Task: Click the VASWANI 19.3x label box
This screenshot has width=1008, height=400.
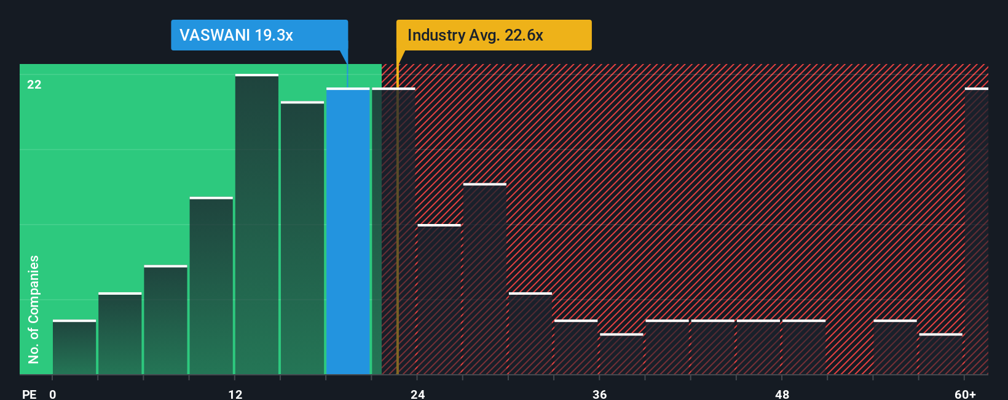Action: pos(259,35)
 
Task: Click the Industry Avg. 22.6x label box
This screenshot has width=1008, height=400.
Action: pos(494,35)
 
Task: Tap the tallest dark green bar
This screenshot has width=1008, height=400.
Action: pos(257,225)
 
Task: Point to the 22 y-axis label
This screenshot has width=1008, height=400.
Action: pos(34,84)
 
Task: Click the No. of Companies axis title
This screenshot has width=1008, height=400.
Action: pos(34,309)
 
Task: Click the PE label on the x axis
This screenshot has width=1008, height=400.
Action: pos(30,394)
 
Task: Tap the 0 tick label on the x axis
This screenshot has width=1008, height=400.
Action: pos(53,394)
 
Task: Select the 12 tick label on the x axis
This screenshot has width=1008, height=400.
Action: pos(235,394)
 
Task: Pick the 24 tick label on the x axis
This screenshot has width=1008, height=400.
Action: pos(418,394)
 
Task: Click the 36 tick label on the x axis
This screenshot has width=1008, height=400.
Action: pos(600,394)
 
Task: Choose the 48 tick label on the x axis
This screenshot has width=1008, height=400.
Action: pos(782,394)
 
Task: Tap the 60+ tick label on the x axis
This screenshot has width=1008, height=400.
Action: pos(965,394)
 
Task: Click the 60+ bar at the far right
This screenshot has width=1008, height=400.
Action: pos(976,231)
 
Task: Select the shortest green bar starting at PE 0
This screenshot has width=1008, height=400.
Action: pos(74,348)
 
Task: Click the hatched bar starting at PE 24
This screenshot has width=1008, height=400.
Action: pos(439,300)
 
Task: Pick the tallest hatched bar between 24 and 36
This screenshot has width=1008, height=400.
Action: pos(485,279)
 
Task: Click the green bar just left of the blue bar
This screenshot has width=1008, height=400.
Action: pos(302,238)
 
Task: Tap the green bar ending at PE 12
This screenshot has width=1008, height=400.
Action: pos(211,286)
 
